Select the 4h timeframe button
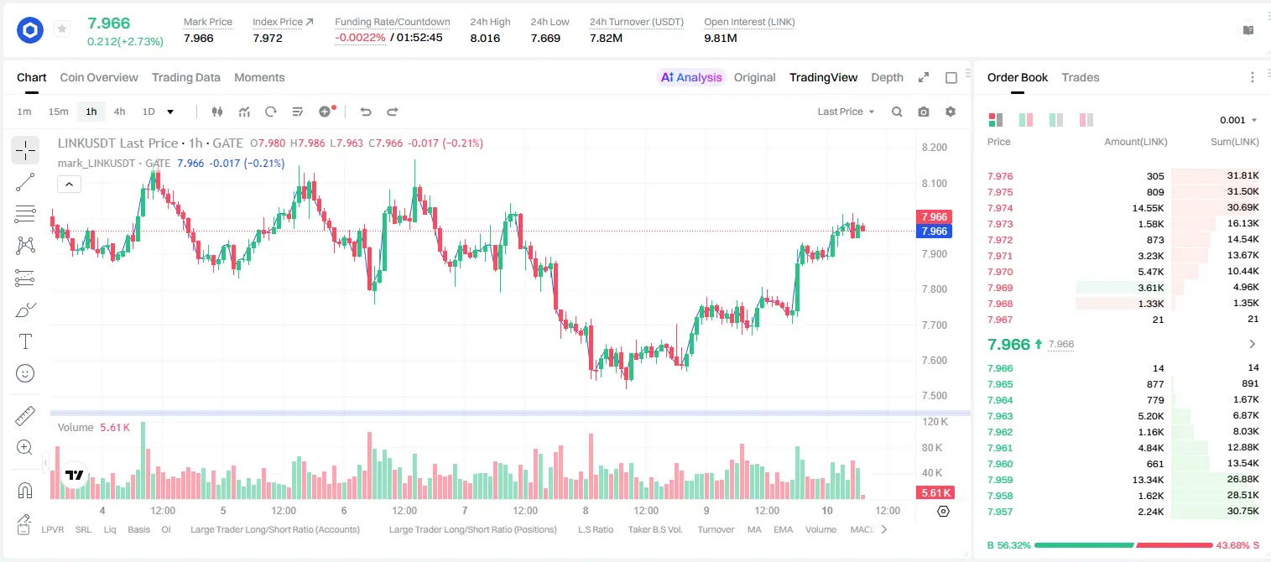pyautogui.click(x=119, y=112)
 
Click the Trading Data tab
pyautogui.click(x=185, y=77)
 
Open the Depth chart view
pyautogui.click(x=887, y=77)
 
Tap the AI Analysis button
pyautogui.click(x=691, y=77)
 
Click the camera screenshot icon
pyautogui.click(x=924, y=112)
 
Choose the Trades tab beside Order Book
pyautogui.click(x=1081, y=77)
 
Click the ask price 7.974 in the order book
pyautogui.click(x=1000, y=208)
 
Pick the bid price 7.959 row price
pyautogui.click(x=1000, y=480)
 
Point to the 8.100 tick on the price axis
pyautogui.click(x=935, y=183)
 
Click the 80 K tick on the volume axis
pyautogui.click(x=932, y=447)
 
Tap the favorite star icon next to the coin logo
pyautogui.click(x=62, y=29)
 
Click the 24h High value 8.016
pyautogui.click(x=485, y=38)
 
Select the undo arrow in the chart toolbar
pyautogui.click(x=366, y=112)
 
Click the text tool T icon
pyautogui.click(x=25, y=341)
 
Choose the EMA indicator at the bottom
pyautogui.click(x=783, y=529)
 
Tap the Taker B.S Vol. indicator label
pyautogui.click(x=654, y=529)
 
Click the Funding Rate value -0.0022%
pyautogui.click(x=360, y=38)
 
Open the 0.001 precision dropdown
pyautogui.click(x=1238, y=120)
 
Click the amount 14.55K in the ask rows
pyautogui.click(x=1148, y=208)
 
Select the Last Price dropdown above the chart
pyautogui.click(x=846, y=112)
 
